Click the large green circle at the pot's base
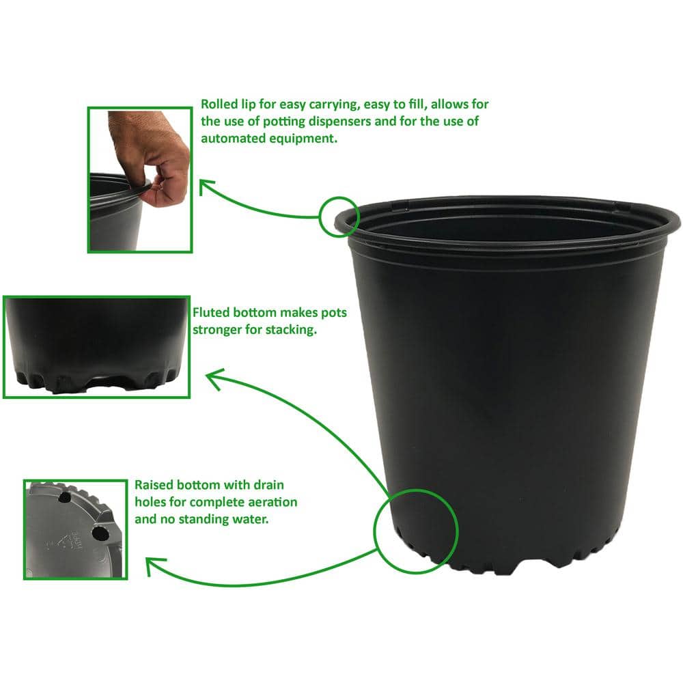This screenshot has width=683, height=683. tap(415, 530)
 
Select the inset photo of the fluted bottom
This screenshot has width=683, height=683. tap(96, 346)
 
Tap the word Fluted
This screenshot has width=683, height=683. tap(214, 313)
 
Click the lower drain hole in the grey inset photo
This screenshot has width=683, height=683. tap(100, 531)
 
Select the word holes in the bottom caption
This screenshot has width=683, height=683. tap(150, 502)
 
